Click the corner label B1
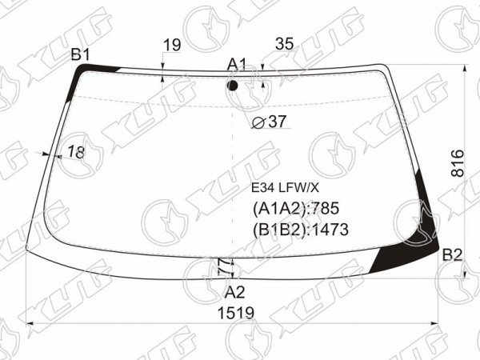tap(80, 54)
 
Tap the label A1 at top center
tap(237, 65)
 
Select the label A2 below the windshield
tap(234, 292)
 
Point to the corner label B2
tap(452, 254)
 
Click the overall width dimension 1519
tap(236, 313)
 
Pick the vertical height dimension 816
tap(458, 163)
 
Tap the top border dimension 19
tap(172, 46)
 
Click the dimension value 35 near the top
tap(284, 44)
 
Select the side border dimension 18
tap(76, 152)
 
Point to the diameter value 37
tap(277, 122)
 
